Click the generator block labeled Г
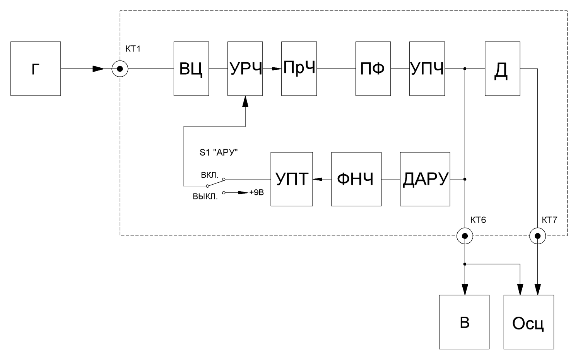(36, 69)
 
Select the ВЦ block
(191, 69)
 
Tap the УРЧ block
(245, 69)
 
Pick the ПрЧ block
(299, 69)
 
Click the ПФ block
(373, 69)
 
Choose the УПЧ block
(427, 69)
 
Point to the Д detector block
(503, 69)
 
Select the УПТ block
(292, 179)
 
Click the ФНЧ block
(356, 179)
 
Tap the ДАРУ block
(425, 179)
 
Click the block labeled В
(464, 322)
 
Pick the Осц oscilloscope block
(529, 322)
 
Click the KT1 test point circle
(120, 69)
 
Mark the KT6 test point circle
(465, 236)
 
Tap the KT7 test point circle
(537, 236)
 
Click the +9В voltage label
(257, 193)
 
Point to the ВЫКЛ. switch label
(205, 197)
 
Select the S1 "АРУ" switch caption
(219, 153)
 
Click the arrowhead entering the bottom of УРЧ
(245, 101)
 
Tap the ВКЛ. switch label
(210, 175)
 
